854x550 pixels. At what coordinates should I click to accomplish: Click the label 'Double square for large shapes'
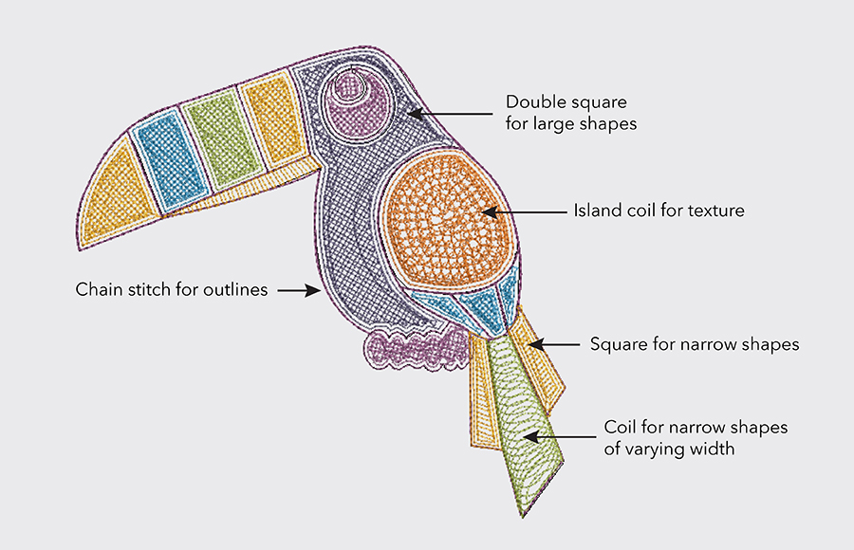point(566,112)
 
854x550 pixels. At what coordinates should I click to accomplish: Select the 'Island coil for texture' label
point(659,211)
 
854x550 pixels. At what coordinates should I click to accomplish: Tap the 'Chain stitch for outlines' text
point(172,289)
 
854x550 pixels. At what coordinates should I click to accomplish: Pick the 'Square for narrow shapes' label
point(694,344)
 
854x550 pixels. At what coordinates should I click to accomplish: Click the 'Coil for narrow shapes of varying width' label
point(696,438)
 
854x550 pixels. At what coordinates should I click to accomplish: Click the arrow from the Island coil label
point(522,211)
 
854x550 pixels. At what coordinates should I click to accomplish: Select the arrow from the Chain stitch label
point(300,290)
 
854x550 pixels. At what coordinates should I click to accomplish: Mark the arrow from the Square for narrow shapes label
point(550,344)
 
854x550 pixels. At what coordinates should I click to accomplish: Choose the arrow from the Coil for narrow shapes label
point(560,437)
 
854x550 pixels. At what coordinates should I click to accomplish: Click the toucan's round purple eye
point(350,101)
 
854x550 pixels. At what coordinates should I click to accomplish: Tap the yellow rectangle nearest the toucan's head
point(269,118)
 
